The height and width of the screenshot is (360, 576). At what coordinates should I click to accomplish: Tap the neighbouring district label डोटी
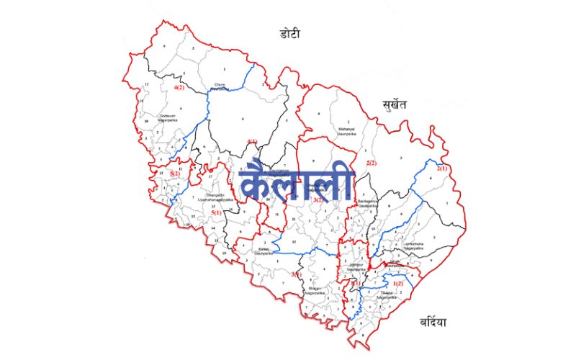coord(294,33)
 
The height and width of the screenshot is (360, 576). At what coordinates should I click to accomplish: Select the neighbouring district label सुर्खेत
coord(395,105)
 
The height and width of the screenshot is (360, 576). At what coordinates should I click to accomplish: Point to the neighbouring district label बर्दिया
coord(423,322)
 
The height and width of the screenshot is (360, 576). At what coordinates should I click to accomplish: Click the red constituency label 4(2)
coord(179,87)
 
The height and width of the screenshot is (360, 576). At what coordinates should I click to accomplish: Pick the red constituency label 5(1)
coord(217,212)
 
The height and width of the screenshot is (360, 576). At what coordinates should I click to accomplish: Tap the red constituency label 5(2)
coord(175,174)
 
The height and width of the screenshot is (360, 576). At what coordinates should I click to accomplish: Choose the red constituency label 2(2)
coord(372,164)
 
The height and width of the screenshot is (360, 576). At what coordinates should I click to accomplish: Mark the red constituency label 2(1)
coord(442,168)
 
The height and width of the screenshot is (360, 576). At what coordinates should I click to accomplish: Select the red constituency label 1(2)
coord(399,284)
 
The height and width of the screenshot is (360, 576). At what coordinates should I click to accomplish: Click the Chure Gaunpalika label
coord(220,88)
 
